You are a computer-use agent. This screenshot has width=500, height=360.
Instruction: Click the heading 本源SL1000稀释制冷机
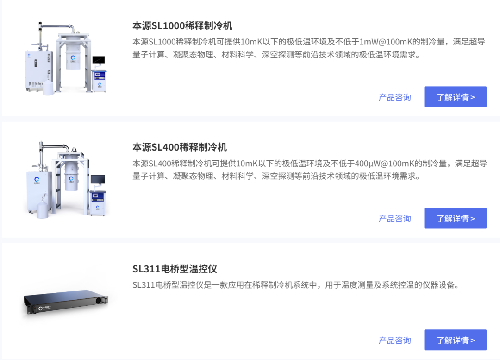(x=182, y=25)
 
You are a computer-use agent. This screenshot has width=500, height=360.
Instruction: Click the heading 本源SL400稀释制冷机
(x=180, y=147)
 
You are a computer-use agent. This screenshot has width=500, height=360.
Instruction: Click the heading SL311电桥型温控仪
(x=175, y=269)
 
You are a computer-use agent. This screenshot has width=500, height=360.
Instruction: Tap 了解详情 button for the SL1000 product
(x=456, y=97)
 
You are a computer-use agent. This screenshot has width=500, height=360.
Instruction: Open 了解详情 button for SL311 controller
(x=456, y=340)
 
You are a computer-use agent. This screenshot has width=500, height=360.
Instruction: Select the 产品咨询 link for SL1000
(x=395, y=97)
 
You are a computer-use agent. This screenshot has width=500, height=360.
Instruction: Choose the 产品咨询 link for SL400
(x=395, y=219)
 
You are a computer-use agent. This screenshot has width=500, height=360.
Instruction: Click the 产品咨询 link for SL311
(x=395, y=340)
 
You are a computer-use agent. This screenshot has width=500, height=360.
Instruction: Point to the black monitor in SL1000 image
(x=99, y=60)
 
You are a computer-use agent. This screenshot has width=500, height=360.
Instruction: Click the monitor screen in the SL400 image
(x=98, y=179)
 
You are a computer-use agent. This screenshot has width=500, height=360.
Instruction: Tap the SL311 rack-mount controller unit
(x=66, y=301)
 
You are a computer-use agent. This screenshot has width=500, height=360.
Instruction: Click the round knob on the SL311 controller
(x=99, y=300)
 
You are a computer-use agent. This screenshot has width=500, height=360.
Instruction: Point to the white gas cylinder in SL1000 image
(x=48, y=88)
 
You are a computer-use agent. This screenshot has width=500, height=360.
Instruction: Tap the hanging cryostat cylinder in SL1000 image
(x=73, y=57)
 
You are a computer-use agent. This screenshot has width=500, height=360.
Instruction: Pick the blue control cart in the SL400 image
(x=98, y=203)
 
